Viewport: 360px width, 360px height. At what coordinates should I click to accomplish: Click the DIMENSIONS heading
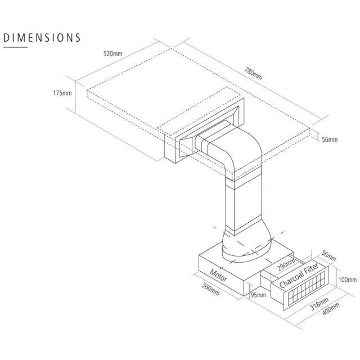[x=42, y=38]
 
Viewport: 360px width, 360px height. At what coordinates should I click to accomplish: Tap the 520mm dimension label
[x=112, y=54]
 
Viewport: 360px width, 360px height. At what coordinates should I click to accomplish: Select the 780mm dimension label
[x=253, y=74]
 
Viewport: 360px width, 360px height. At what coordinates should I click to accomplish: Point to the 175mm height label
[x=62, y=93]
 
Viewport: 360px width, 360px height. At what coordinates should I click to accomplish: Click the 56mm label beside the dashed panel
[x=330, y=139]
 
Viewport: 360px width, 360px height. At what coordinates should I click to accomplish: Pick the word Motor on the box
[x=218, y=276]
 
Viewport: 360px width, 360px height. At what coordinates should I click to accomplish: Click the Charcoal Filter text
[x=299, y=276]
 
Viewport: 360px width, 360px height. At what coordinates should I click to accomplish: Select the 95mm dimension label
[x=258, y=295]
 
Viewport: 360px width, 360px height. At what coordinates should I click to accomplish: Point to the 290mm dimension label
[x=286, y=264]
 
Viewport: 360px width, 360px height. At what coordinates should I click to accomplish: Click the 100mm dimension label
[x=348, y=280]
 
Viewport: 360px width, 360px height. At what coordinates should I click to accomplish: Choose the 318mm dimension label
[x=319, y=304]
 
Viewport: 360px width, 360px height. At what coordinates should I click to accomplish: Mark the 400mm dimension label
[x=331, y=309]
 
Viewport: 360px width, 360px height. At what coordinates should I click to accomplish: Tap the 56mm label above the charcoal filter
[x=328, y=255]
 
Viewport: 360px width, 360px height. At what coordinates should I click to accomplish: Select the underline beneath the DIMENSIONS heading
[x=15, y=47]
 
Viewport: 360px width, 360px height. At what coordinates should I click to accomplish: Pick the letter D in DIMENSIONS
[x=6, y=38]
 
